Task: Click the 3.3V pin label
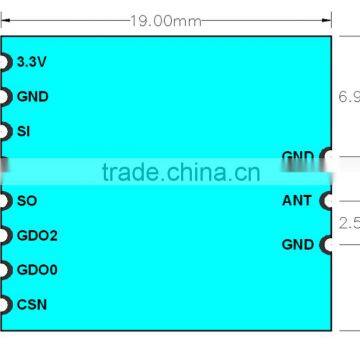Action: (32, 62)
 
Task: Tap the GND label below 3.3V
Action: (32, 97)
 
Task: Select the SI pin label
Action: (23, 131)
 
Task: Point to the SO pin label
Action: (26, 201)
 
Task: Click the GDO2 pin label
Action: (37, 236)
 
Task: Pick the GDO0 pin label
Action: (37, 270)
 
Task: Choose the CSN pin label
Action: (31, 305)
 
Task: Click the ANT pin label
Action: (297, 201)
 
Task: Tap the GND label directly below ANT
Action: (297, 244)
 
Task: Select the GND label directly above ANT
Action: (297, 157)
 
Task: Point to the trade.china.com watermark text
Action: (180, 172)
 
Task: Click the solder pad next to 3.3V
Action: (5, 62)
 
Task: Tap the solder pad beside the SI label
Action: (5, 131)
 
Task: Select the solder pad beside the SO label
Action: (5, 201)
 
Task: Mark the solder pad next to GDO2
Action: (5, 236)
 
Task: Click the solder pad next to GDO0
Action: (5, 270)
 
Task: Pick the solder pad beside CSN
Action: (5, 305)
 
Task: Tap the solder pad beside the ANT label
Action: (325, 201)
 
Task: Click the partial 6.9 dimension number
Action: (349, 97)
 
